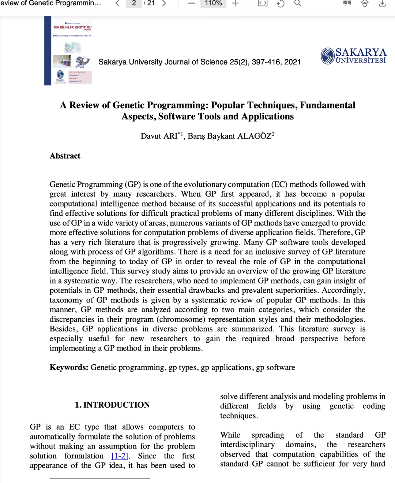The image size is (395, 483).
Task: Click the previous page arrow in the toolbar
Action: coord(117,3)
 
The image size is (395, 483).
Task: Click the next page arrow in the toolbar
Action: coord(164,3)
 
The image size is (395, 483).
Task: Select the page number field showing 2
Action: coord(134,3)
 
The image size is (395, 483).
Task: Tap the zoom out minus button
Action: coord(192,3)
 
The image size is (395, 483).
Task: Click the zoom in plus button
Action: coord(235,3)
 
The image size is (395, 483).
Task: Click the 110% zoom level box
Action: coord(213,3)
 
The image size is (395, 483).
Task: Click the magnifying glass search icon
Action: coord(298,3)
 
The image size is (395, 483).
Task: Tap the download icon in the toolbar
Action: coord(382,3)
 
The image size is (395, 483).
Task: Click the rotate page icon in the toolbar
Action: coord(281,4)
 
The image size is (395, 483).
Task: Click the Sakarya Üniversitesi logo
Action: coord(353,56)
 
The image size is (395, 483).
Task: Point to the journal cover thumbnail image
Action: coord(68,51)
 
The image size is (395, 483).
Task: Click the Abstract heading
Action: coord(65,156)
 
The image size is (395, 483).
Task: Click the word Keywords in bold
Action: coord(69,368)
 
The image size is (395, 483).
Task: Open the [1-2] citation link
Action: coord(120,456)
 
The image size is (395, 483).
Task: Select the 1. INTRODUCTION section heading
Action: coord(112,405)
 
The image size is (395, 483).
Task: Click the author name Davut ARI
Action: coord(159,136)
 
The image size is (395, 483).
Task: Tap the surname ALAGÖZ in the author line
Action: coord(255,136)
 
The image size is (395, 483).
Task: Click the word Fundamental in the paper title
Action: coord(327,105)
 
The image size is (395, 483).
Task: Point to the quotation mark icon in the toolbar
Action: coord(347,3)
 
